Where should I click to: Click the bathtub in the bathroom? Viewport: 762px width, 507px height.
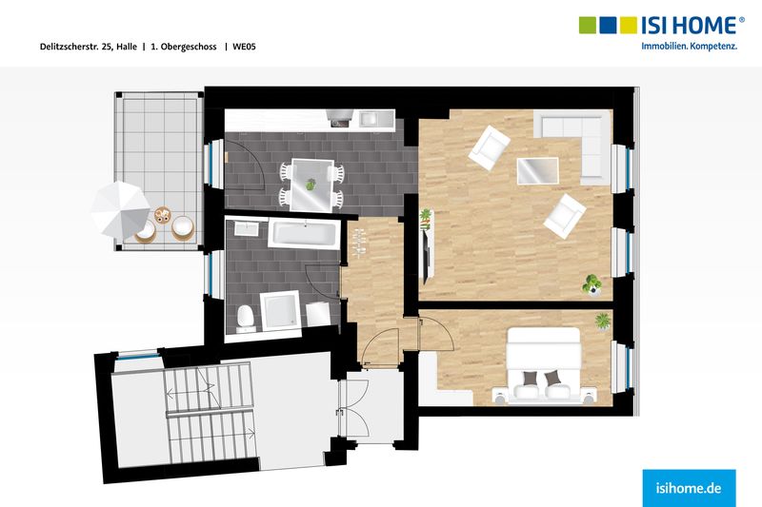(304, 234)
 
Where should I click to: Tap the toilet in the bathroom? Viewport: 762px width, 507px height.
(246, 319)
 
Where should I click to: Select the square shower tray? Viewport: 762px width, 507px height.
(280, 310)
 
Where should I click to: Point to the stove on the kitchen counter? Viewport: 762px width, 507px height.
(340, 117)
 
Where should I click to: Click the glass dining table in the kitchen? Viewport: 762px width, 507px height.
(311, 185)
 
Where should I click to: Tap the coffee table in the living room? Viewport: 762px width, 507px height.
(537, 171)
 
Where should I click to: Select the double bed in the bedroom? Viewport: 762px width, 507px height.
(544, 366)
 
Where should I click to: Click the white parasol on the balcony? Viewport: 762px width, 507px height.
(120, 210)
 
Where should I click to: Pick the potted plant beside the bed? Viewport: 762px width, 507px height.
(603, 322)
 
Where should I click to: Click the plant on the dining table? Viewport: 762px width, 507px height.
(311, 185)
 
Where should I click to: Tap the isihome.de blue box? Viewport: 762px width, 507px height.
(689, 488)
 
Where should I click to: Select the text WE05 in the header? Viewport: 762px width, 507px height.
(244, 47)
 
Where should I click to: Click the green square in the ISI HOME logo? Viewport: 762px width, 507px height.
(588, 26)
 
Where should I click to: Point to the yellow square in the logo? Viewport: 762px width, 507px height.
(629, 26)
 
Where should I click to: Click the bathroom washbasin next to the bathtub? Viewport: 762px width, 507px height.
(248, 227)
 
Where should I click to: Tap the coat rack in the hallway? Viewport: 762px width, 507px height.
(359, 242)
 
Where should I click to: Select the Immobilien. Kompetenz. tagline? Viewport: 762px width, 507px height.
(689, 47)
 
